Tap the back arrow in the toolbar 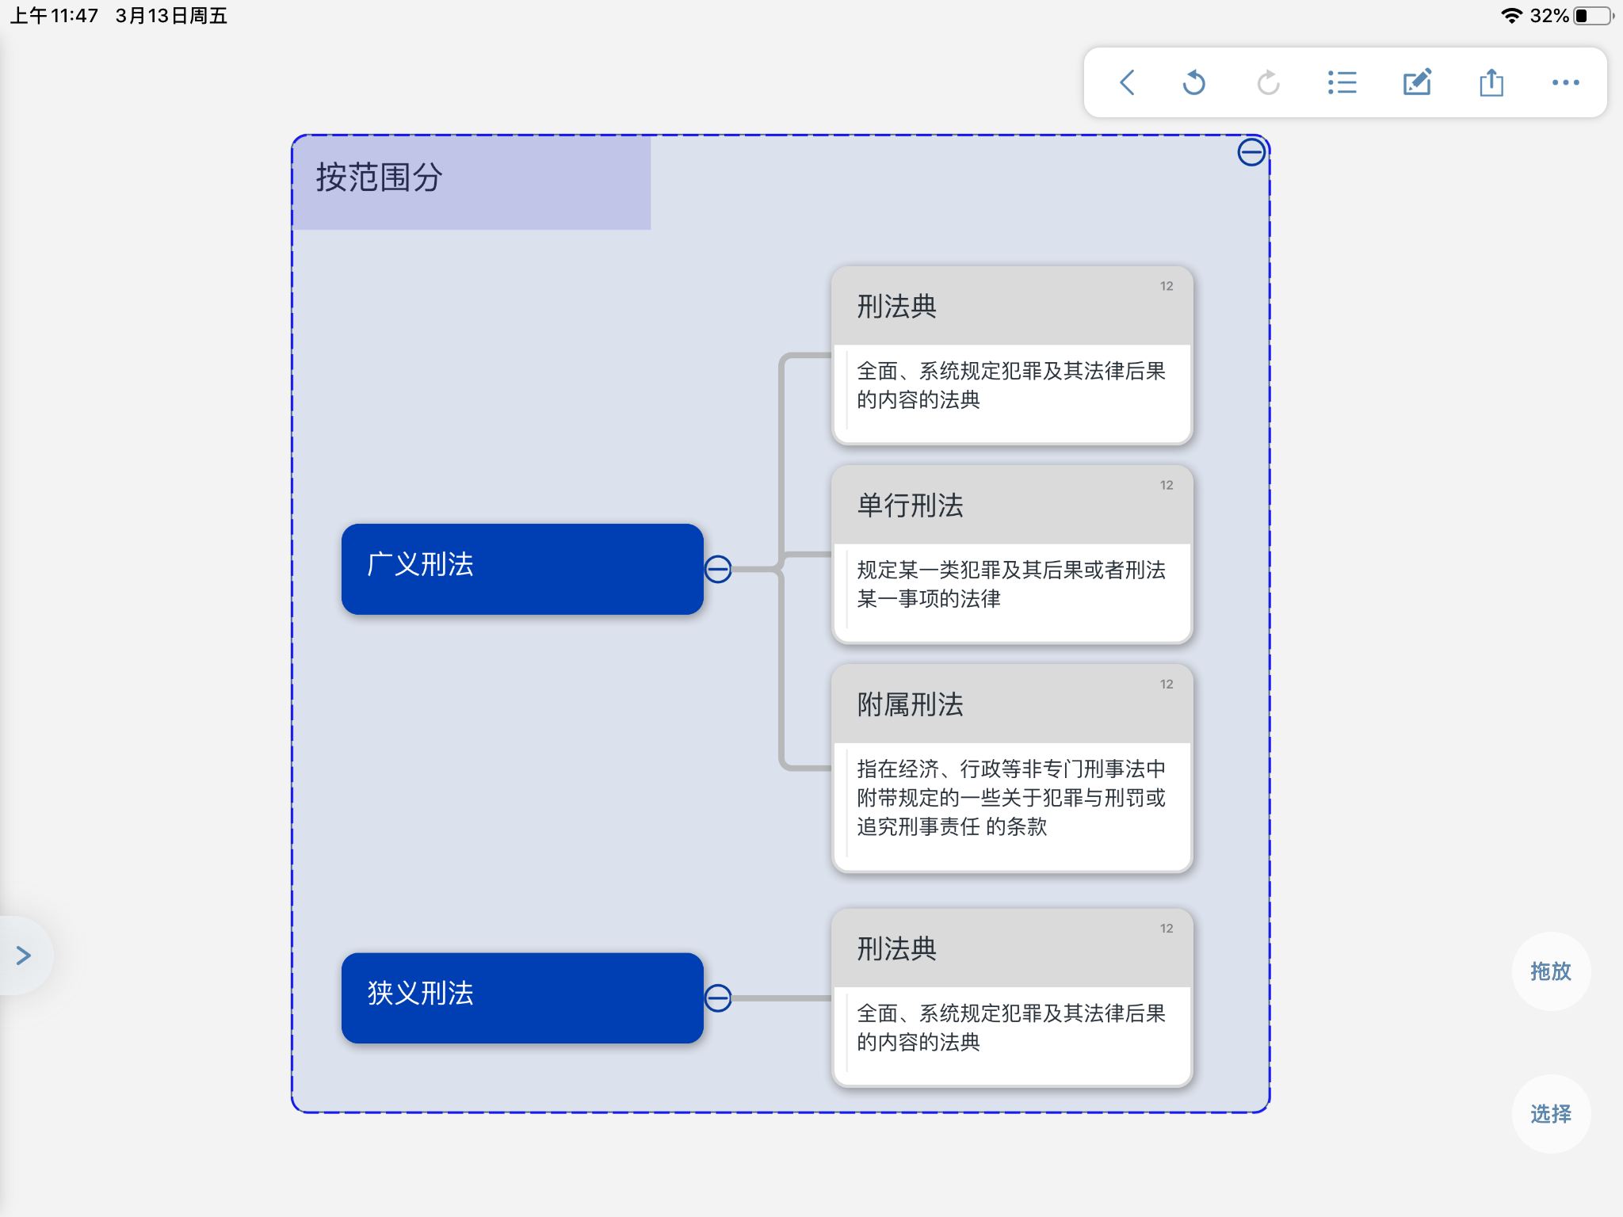pos(1127,82)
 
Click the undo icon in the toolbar pos(1194,82)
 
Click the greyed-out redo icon pos(1268,82)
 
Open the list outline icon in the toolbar pos(1342,82)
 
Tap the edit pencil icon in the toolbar pos(1417,82)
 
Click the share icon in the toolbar pos(1491,82)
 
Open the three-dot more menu pos(1566,82)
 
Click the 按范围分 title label pos(379,177)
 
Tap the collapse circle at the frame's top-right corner pos(1251,151)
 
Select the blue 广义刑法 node pos(522,569)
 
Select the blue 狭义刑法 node pos(522,998)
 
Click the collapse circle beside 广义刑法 pos(718,569)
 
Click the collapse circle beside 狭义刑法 pos(718,998)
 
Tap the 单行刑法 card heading pos(910,505)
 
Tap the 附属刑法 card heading pos(910,704)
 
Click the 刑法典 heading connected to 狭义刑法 pos(896,948)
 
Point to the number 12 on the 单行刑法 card pos(1167,485)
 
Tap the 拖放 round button pos(1551,971)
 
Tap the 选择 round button pos(1551,1114)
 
